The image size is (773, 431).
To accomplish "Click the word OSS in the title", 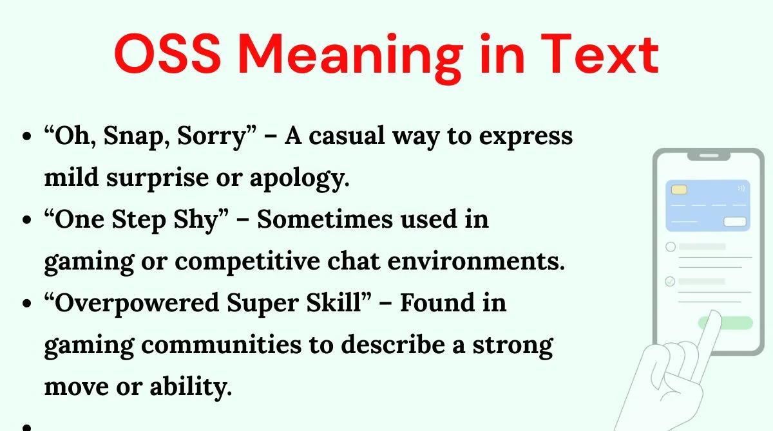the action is point(167,53).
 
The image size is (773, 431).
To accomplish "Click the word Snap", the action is point(137,137).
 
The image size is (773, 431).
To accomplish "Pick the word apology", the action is point(300,178).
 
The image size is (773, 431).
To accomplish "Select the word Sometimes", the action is point(325,219).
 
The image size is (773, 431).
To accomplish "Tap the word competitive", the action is point(247,262).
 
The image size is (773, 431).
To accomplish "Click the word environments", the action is point(476,261).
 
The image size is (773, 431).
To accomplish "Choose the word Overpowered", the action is point(137,304).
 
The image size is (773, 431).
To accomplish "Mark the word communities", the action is point(221,345).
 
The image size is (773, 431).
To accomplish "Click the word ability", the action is point(191,387).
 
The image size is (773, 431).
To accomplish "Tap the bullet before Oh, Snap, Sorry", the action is point(26,136).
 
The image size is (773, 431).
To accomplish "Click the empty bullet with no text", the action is point(26,428).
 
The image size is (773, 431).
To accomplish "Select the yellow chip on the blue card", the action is point(679,190).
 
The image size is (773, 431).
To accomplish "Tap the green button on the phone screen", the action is point(725,323).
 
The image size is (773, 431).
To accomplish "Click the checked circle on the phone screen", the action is point(670,282).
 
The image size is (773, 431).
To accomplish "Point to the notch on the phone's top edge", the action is point(709,156).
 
